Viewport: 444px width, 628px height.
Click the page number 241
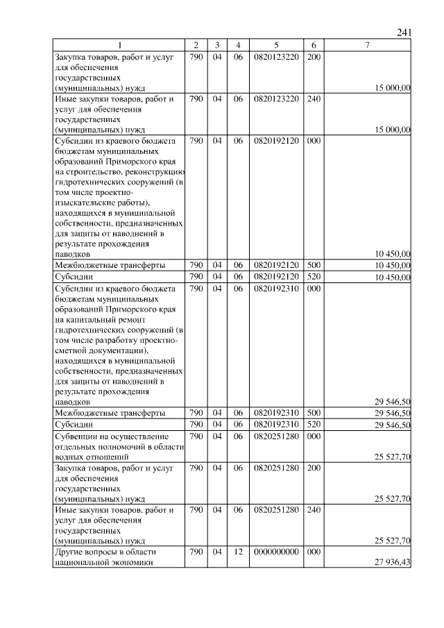coord(405,32)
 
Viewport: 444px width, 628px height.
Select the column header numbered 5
coord(276,46)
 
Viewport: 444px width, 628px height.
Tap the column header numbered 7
coord(367,46)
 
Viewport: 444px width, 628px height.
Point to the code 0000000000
coord(276,552)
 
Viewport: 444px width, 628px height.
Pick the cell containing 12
coord(238,552)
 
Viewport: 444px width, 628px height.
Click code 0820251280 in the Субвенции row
coord(276,436)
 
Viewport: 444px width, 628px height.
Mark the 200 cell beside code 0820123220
coord(313,56)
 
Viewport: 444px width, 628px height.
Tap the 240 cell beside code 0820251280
coord(313,509)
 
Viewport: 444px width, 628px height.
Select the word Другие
coord(70,552)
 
